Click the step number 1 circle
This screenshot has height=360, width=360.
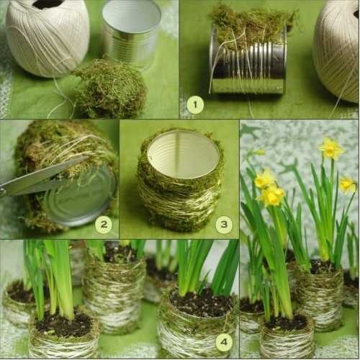[x=195, y=104]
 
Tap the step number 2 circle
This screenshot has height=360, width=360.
[x=104, y=225]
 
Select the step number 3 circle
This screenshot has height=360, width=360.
[x=224, y=225]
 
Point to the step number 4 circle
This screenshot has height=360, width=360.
[x=224, y=342]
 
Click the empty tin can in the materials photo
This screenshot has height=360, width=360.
[x=132, y=34]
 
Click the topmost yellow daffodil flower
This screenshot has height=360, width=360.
[x=331, y=149]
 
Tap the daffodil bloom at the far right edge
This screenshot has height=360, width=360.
[x=348, y=185]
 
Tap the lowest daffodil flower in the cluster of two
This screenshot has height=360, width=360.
[x=271, y=197]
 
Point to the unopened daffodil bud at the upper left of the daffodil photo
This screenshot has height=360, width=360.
[x=258, y=153]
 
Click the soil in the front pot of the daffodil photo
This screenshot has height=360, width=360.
[x=287, y=322]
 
